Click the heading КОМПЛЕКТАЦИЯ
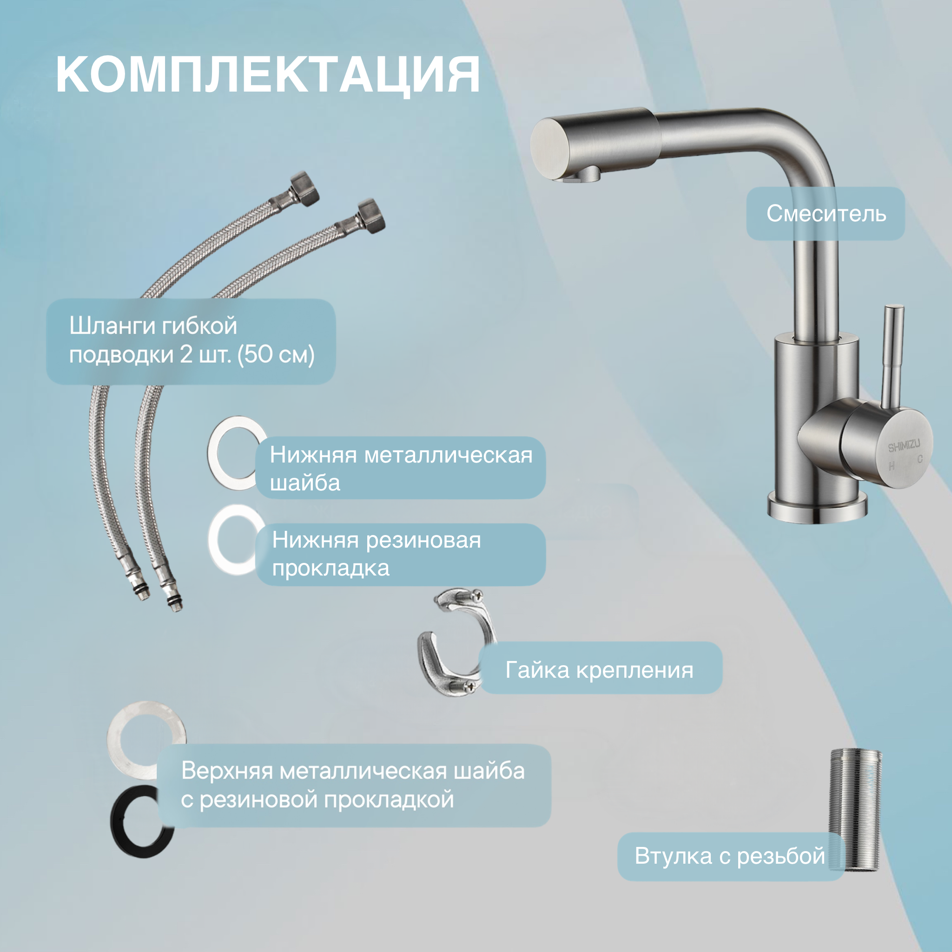268,74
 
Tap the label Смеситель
826,214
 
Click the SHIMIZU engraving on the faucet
904,446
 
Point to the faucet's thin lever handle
892,355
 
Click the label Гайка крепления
599,670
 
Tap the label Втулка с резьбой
730,856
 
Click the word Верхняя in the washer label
227,771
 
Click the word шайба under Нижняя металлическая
305,483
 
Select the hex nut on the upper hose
304,189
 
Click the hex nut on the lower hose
370,216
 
